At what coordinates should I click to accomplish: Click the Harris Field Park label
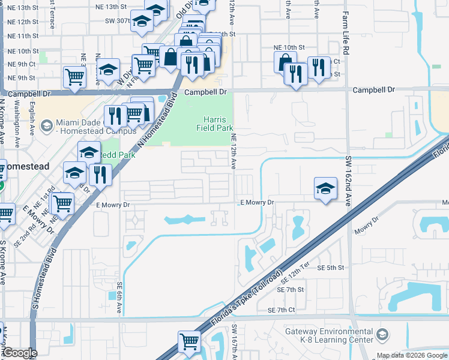click(214, 123)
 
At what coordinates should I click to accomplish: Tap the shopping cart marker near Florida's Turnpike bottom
click(189, 341)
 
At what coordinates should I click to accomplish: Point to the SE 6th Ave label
click(120, 297)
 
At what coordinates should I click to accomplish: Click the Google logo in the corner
click(20, 353)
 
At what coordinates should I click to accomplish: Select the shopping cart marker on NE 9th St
click(74, 76)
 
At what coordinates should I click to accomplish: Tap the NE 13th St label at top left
click(22, 8)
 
